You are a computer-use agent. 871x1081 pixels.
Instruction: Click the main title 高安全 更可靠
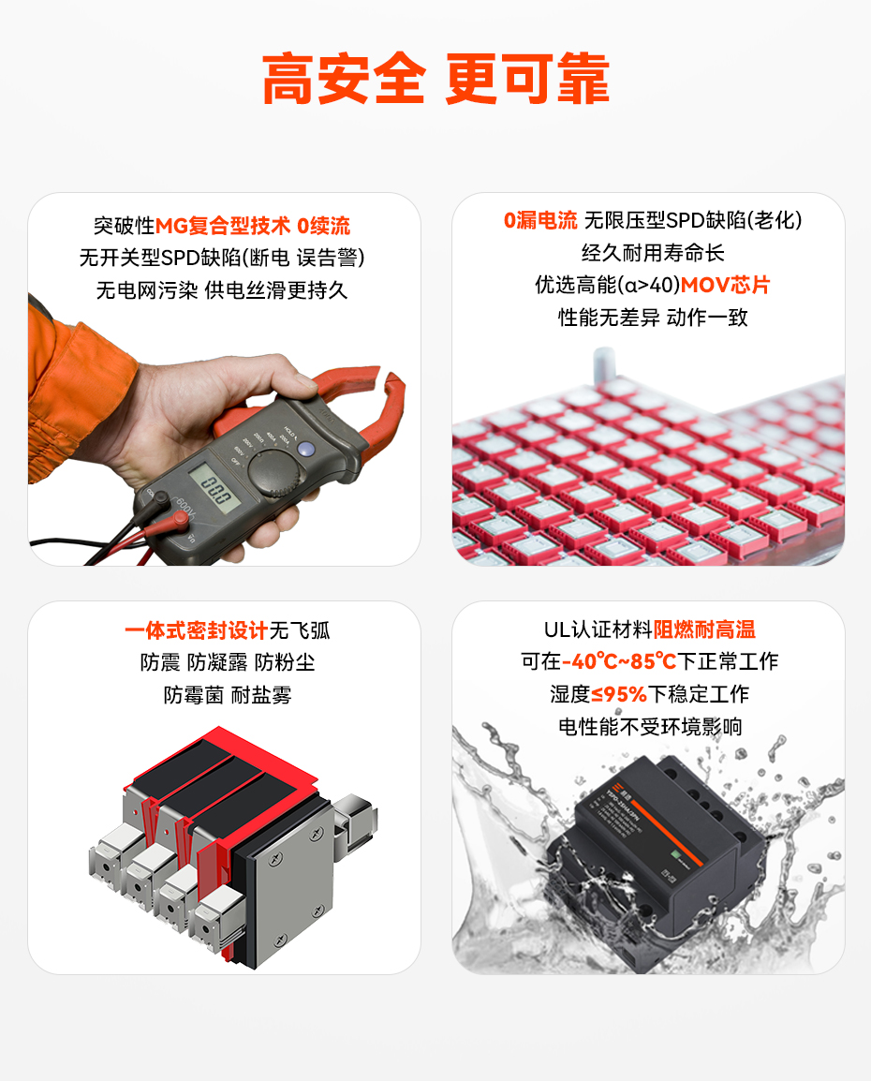point(435,79)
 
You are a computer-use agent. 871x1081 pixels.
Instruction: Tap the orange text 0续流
point(323,226)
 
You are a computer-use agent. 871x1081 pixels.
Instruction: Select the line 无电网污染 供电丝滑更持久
point(222,290)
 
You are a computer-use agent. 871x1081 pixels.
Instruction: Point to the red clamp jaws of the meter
point(361,389)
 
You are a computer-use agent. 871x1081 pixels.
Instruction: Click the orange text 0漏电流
point(540,221)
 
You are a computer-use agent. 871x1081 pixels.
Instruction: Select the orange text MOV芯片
point(725,285)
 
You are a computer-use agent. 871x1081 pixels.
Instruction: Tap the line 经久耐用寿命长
point(653,253)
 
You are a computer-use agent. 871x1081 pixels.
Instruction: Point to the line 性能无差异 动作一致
point(653,318)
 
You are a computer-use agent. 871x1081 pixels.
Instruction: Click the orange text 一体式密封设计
point(196,630)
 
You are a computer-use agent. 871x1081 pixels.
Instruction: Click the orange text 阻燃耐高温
point(703,629)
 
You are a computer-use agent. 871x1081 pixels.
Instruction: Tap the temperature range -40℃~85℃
point(619,662)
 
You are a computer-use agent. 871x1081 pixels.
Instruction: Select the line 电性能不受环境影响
point(649,727)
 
